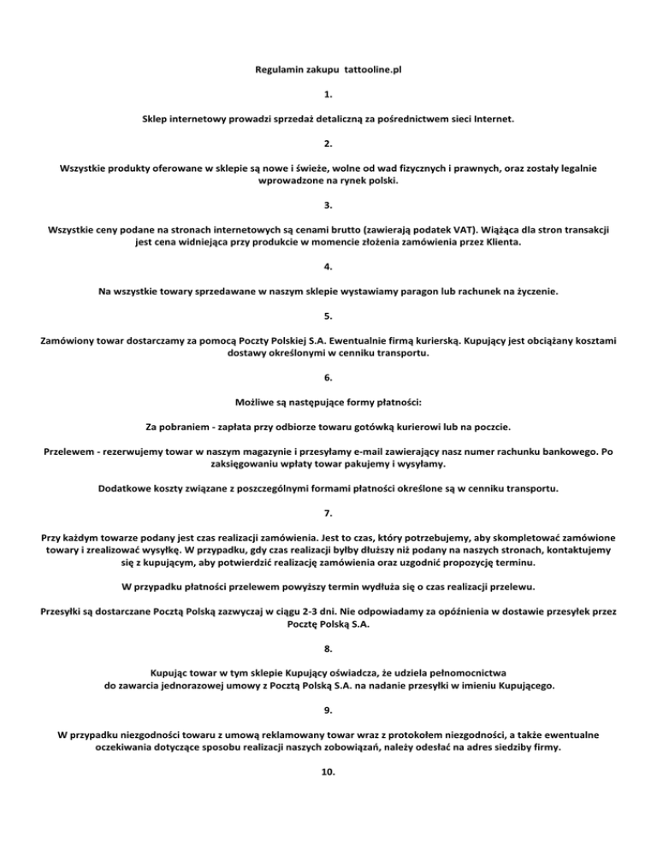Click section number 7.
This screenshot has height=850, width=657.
[328, 514]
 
